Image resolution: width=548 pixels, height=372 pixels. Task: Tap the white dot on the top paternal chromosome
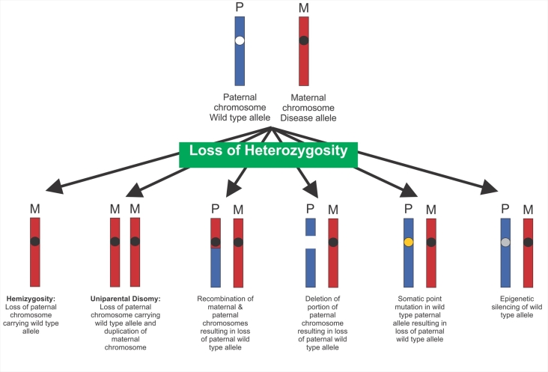[x=240, y=40]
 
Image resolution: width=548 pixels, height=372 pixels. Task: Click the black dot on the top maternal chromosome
[x=303, y=40]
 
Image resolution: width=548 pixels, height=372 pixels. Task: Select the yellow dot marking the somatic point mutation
[x=409, y=242]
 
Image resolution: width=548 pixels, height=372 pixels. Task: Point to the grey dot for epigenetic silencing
[x=506, y=242]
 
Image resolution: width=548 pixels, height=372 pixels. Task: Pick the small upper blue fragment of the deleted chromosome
[x=311, y=227]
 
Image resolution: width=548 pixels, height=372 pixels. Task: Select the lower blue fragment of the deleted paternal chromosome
[x=311, y=267]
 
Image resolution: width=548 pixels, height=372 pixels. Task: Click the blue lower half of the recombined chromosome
[x=216, y=268]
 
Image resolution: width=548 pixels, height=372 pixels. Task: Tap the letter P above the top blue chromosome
[x=240, y=7]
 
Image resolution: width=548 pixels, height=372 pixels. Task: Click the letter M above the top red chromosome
[x=303, y=7]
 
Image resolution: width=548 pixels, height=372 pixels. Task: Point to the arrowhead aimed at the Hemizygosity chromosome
[x=53, y=189]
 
